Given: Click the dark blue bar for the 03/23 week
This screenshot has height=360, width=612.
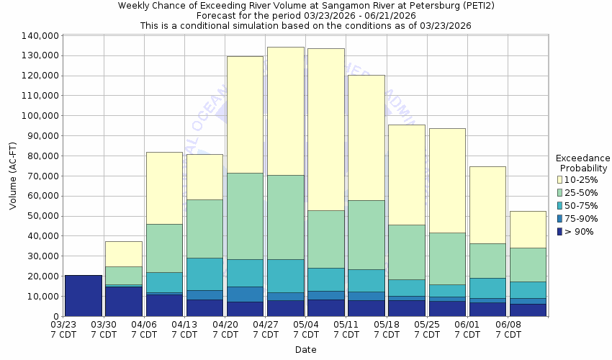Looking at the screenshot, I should (x=83, y=295).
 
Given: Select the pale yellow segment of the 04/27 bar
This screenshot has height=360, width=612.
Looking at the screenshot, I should (x=285, y=111).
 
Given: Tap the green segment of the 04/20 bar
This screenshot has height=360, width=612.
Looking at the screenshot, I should (x=245, y=216).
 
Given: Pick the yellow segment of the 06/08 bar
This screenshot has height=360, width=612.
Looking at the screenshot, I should (x=527, y=229).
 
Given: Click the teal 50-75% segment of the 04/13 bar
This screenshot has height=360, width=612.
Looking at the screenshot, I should (x=204, y=274).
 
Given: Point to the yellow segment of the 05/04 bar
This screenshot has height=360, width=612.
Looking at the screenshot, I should (x=325, y=130).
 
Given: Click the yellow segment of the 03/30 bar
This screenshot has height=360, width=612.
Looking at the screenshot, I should (x=123, y=253).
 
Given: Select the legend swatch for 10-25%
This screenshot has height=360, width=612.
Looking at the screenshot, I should (x=559, y=179).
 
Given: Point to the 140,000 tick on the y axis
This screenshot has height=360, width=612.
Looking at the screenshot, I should (x=40, y=36).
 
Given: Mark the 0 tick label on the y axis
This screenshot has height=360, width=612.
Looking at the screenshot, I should (x=55, y=316).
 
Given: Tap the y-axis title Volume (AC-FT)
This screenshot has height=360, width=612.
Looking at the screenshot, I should (x=13, y=176).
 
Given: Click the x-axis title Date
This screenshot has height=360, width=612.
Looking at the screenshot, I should (x=305, y=349).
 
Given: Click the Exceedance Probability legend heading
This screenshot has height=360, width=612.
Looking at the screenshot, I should (x=583, y=163).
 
